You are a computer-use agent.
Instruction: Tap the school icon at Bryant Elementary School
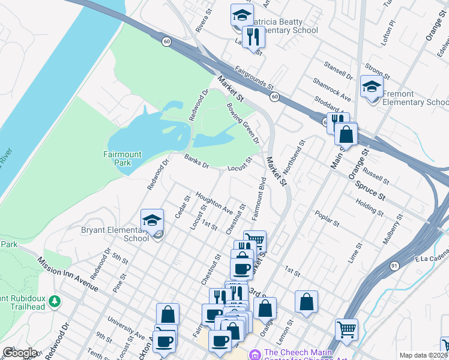coord(152,220)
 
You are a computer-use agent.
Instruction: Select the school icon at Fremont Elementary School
coord(372,86)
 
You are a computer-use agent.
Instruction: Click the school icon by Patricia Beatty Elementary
coord(242,15)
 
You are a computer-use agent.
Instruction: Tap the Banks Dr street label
coord(196,161)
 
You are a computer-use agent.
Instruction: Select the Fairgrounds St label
coord(254,78)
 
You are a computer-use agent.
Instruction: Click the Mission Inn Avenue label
coord(67,274)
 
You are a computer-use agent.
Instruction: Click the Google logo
coord(20,353)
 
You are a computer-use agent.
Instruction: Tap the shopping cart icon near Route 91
coord(346,329)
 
